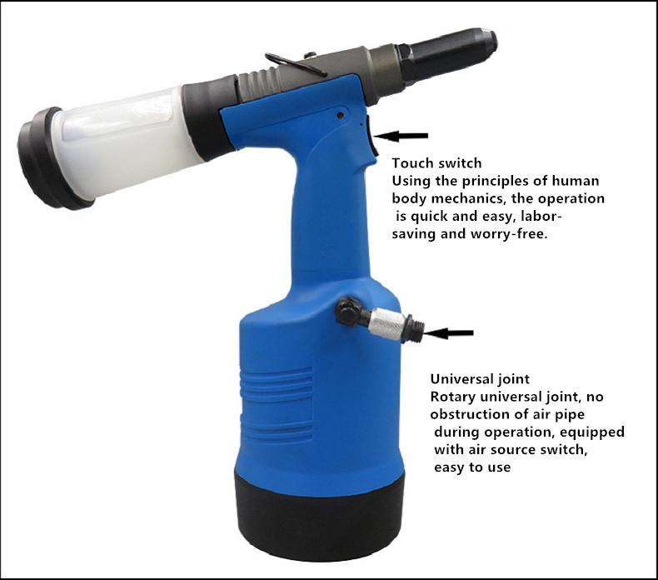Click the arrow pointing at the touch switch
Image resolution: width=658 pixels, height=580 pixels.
(401, 136)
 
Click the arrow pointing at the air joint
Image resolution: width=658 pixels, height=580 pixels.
(449, 333)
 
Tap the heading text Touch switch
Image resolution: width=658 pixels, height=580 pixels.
(436, 163)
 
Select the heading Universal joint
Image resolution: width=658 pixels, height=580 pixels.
(480, 379)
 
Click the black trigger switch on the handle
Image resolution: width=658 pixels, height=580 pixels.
(372, 136)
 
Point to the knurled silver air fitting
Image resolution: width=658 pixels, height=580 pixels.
(388, 324)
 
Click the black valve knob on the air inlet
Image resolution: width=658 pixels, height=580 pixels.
(348, 311)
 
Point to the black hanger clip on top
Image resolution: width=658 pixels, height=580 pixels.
(295, 64)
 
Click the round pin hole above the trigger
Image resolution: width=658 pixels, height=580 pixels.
(341, 115)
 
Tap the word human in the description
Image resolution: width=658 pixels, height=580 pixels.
(576, 181)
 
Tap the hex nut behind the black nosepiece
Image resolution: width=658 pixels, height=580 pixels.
(406, 63)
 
